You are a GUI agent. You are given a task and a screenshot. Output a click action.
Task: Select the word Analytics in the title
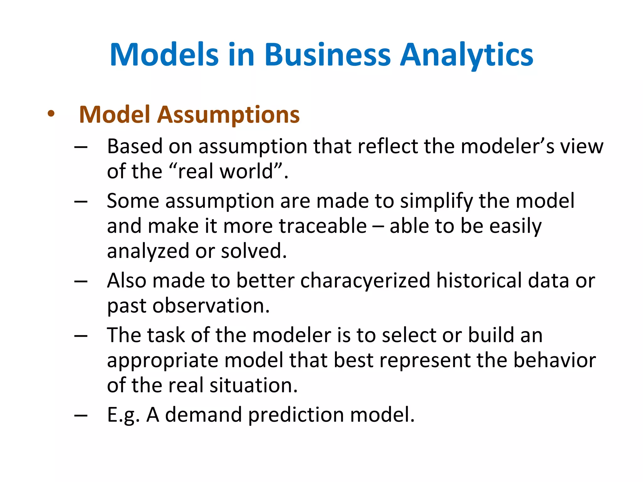tap(467, 55)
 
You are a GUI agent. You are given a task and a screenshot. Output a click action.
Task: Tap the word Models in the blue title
tap(164, 55)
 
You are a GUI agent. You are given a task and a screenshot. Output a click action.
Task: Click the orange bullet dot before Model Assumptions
tap(51, 114)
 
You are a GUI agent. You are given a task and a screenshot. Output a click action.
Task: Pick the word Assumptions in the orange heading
tap(228, 115)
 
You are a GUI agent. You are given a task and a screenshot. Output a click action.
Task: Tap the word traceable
tap(323, 226)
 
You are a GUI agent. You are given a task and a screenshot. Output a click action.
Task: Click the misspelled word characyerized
tap(365, 281)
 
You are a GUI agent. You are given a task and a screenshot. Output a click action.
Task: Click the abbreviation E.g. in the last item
tap(123, 415)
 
